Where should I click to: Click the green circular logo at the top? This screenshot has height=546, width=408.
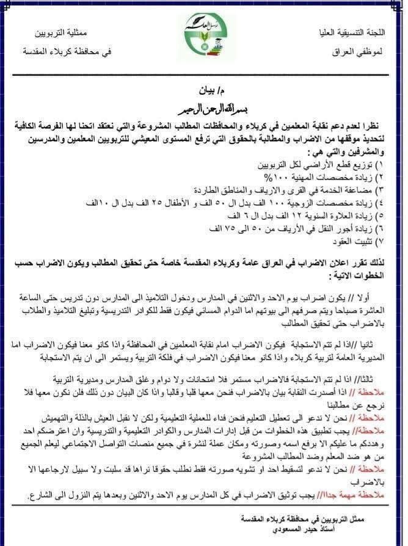tap(205, 36)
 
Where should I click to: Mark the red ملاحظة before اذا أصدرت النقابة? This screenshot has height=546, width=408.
tap(366, 390)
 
